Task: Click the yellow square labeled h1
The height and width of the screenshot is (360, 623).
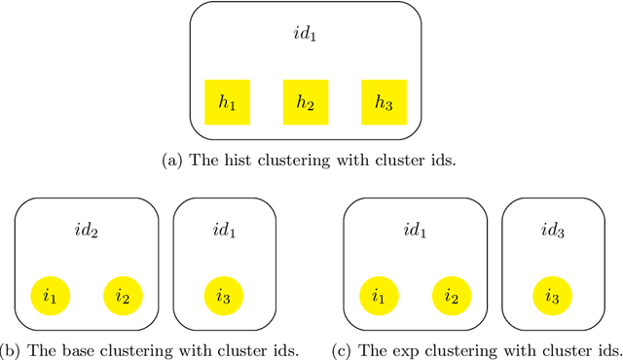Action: [x=227, y=102]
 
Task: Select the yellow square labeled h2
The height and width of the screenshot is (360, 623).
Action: [x=306, y=102]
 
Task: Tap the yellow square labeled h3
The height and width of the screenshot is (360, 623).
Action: [x=385, y=102]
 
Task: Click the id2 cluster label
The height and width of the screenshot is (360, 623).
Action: [x=86, y=231]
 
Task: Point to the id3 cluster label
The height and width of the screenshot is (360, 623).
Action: [x=553, y=231]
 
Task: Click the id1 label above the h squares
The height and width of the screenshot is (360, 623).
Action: [x=306, y=36]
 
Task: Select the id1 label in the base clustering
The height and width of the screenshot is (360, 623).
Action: [x=224, y=231]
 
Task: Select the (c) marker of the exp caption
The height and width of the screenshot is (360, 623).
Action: [x=341, y=350]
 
